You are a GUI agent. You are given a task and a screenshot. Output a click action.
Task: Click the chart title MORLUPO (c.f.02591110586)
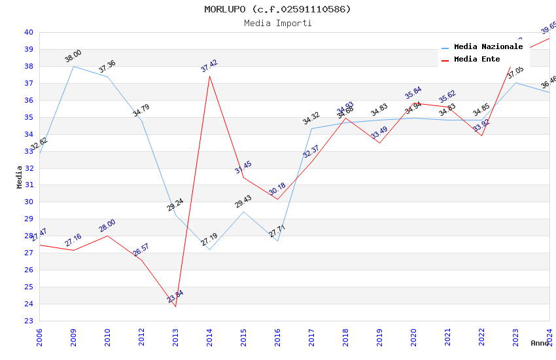click(277, 9)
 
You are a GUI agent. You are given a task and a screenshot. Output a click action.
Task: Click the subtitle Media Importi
click(277, 23)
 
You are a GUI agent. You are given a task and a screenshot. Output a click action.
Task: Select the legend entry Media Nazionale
click(488, 46)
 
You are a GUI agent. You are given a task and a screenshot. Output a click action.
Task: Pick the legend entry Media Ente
click(477, 59)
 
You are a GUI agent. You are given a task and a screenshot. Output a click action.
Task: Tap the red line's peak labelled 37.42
click(209, 76)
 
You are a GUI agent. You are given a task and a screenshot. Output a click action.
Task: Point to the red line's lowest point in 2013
click(175, 306)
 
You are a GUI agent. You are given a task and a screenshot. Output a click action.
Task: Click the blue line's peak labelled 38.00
click(73, 66)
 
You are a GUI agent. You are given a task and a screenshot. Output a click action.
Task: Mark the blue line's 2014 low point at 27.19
click(209, 249)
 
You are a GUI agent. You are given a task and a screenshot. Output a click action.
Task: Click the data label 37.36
click(107, 66)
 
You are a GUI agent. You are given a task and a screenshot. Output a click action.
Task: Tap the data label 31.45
click(243, 168)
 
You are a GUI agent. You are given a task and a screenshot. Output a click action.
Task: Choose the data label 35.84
click(413, 93)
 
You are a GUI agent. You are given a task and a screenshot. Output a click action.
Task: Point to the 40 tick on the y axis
click(29, 32)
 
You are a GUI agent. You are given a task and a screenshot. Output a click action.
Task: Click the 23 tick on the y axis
click(29, 321)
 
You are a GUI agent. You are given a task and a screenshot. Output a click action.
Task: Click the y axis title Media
click(20, 177)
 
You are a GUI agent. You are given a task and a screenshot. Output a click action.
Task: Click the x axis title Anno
click(540, 343)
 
